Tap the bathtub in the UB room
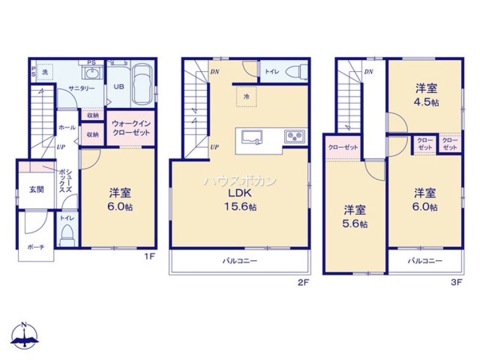(x=142, y=85)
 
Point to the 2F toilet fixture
(x=296, y=72)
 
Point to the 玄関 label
(x=36, y=189)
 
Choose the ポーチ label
(x=36, y=247)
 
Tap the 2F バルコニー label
(x=240, y=262)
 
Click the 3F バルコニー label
(x=425, y=262)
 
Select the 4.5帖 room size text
(x=426, y=102)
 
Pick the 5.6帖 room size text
(x=356, y=224)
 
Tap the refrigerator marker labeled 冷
(x=246, y=96)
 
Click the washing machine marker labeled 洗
(x=45, y=72)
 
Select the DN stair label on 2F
(x=215, y=73)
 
